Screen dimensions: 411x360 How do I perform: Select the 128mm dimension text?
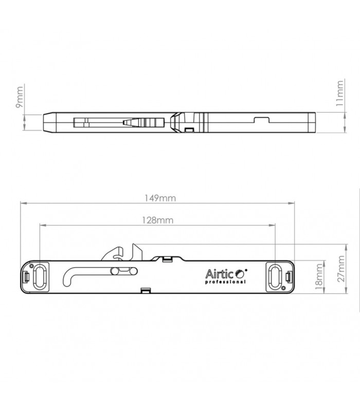pos(158,220)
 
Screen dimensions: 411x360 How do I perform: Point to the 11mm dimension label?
pos(339,92)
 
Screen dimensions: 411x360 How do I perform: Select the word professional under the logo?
pos(225,282)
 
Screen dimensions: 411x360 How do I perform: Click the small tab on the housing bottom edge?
pos(146,291)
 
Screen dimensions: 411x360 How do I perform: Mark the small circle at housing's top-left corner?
pos(32,267)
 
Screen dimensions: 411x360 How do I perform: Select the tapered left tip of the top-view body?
pos(47,121)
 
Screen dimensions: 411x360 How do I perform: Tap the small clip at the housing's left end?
pos(26,276)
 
